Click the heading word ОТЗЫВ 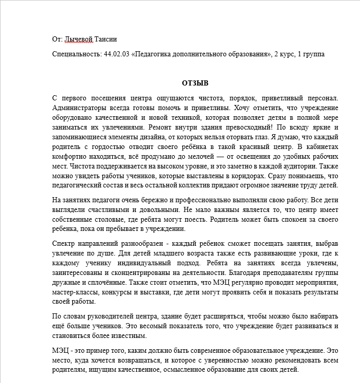point(195,82)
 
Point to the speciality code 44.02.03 point(117,54)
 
